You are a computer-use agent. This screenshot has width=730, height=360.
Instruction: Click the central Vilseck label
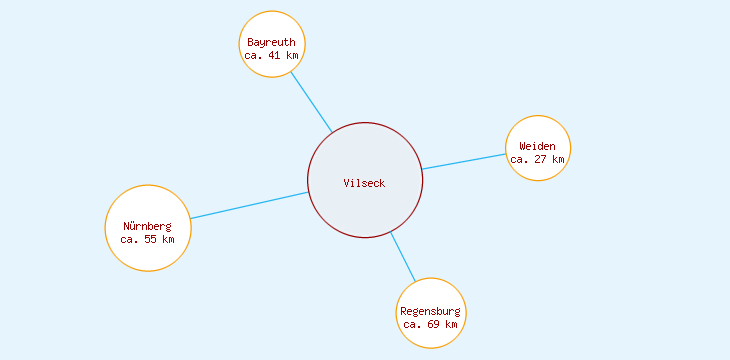[364, 183]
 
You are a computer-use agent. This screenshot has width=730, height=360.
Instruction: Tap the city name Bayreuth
[271, 42]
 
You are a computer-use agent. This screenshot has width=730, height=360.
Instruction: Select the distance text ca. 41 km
[271, 55]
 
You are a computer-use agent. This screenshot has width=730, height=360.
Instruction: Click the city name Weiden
[537, 146]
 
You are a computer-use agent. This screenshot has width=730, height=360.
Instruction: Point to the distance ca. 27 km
[537, 159]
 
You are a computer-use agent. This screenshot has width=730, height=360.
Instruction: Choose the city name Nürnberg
[147, 226]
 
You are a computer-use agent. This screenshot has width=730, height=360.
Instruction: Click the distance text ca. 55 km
[147, 239]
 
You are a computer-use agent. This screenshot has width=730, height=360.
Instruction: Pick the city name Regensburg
[430, 311]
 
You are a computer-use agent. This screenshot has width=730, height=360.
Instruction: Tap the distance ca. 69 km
[430, 324]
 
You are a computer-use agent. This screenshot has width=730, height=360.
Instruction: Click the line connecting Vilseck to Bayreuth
[311, 102]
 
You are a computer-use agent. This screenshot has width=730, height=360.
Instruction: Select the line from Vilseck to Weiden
[463, 162]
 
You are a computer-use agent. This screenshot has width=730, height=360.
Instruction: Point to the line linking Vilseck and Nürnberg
[249, 205]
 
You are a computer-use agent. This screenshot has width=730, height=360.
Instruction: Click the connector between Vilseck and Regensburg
[402, 256]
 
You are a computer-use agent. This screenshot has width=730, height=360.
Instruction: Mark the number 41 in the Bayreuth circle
[274, 55]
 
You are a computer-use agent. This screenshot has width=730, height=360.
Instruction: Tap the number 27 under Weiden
[540, 159]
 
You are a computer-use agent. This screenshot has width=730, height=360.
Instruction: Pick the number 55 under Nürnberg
[150, 239]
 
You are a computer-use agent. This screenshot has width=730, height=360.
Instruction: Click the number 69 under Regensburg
[433, 324]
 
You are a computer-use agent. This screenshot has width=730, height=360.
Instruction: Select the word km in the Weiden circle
[557, 159]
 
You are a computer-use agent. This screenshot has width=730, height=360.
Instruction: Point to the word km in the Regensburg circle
[450, 324]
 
